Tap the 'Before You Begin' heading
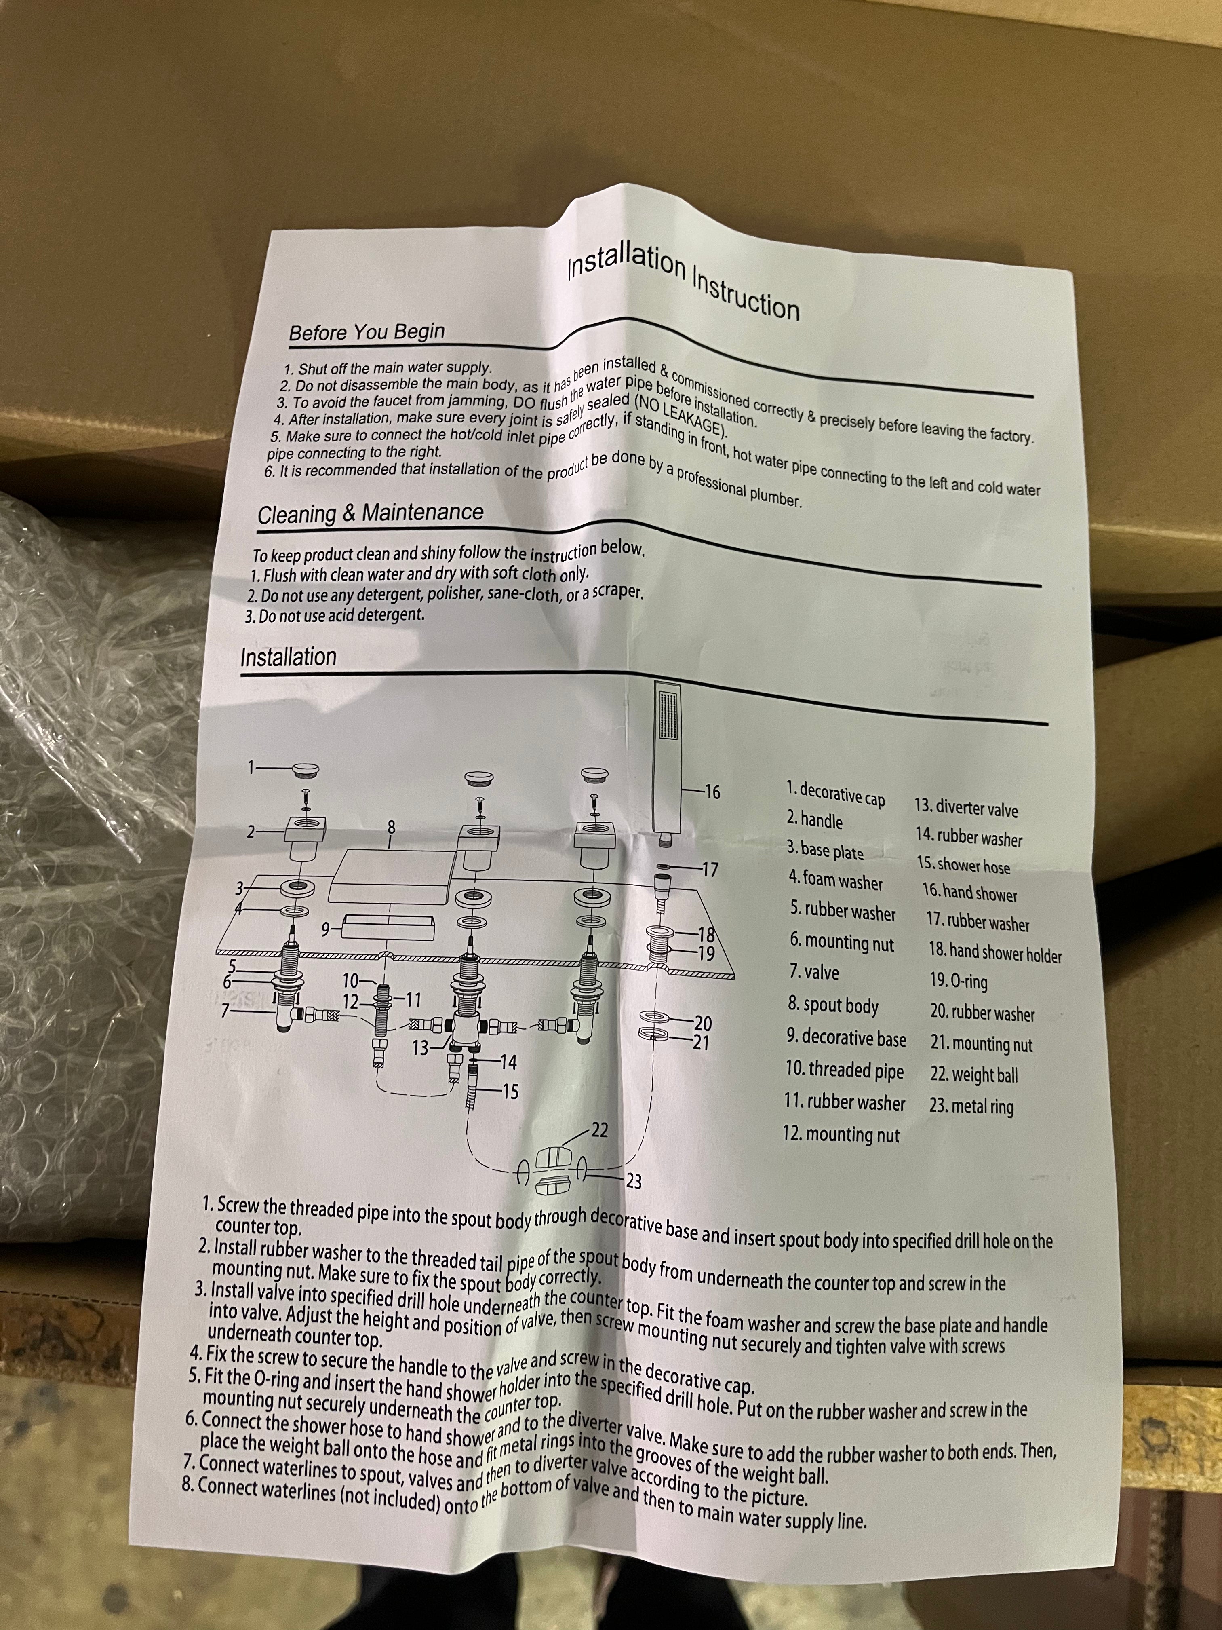[x=367, y=331]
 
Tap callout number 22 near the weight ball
[x=600, y=1130]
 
